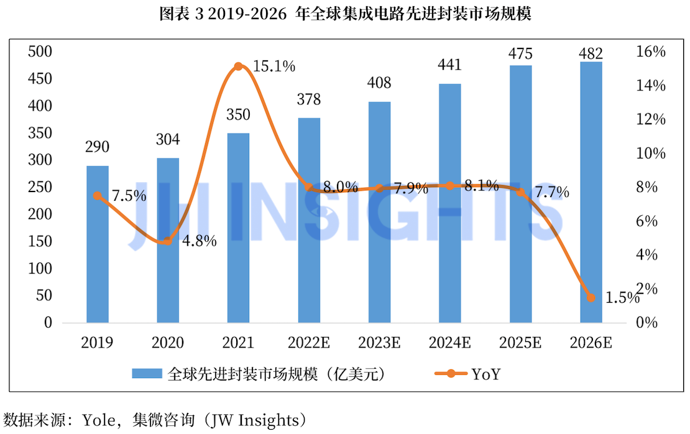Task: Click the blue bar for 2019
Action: pos(97,244)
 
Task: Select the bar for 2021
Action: pos(238,228)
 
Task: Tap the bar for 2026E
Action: pos(591,192)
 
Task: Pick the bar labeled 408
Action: pos(379,212)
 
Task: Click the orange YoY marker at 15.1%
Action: pos(238,67)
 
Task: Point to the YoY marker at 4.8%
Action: pos(168,241)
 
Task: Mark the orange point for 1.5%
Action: pos(591,298)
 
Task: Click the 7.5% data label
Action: pos(129,195)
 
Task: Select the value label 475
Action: pos(520,53)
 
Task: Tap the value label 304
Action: pos(168,139)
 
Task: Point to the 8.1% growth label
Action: pos(481,186)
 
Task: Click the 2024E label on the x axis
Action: pos(449,343)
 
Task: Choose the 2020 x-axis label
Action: pos(168,343)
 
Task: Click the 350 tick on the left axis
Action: pos(40,133)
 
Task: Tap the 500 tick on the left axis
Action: pos(40,52)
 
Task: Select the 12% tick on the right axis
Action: pos(650,119)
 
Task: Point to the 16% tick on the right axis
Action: pos(650,52)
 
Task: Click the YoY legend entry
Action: pos(467,374)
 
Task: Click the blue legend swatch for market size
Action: pos(147,374)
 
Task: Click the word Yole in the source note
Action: pos(99,420)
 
